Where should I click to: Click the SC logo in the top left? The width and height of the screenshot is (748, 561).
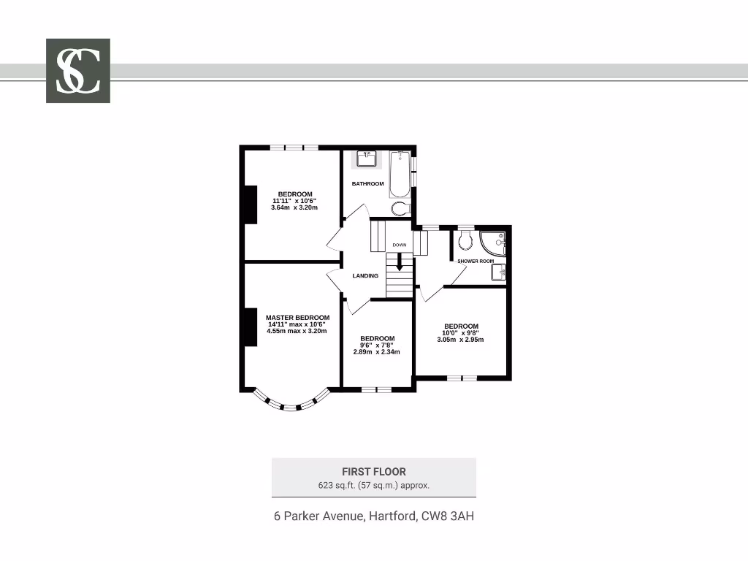point(78,70)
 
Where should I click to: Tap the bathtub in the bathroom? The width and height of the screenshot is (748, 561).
point(400,175)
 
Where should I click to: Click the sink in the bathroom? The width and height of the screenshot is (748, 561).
point(367,159)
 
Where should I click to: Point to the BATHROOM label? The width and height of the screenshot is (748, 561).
point(367,184)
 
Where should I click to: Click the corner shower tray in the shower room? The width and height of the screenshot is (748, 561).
point(493,243)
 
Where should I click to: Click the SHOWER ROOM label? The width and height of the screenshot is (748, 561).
point(476,261)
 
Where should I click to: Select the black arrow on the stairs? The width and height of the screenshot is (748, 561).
point(399,261)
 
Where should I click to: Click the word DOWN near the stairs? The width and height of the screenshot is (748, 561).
point(399,245)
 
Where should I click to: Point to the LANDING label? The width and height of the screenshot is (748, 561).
point(365,275)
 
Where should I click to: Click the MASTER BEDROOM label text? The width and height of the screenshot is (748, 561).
point(297,318)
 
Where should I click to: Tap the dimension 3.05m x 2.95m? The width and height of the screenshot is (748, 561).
point(461,340)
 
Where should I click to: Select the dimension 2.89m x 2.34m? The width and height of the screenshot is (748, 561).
point(377,351)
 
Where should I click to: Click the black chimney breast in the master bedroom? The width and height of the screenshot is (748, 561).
point(251,327)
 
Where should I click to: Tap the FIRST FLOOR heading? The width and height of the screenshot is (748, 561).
point(373,472)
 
